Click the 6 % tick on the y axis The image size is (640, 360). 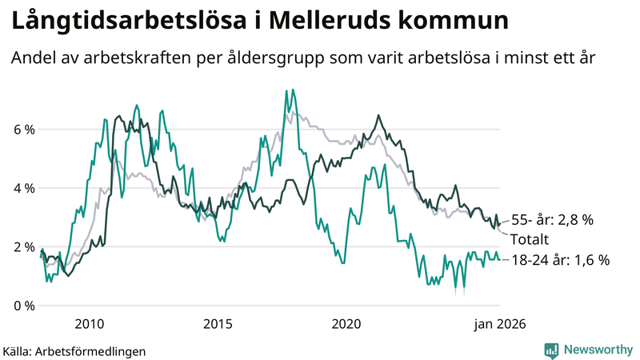24,130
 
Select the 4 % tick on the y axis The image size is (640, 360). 24,189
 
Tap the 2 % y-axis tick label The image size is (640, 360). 24,247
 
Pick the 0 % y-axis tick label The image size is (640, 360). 24,306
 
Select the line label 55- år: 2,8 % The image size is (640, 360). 552,219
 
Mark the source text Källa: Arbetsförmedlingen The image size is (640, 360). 74,350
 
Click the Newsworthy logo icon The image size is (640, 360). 551,349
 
